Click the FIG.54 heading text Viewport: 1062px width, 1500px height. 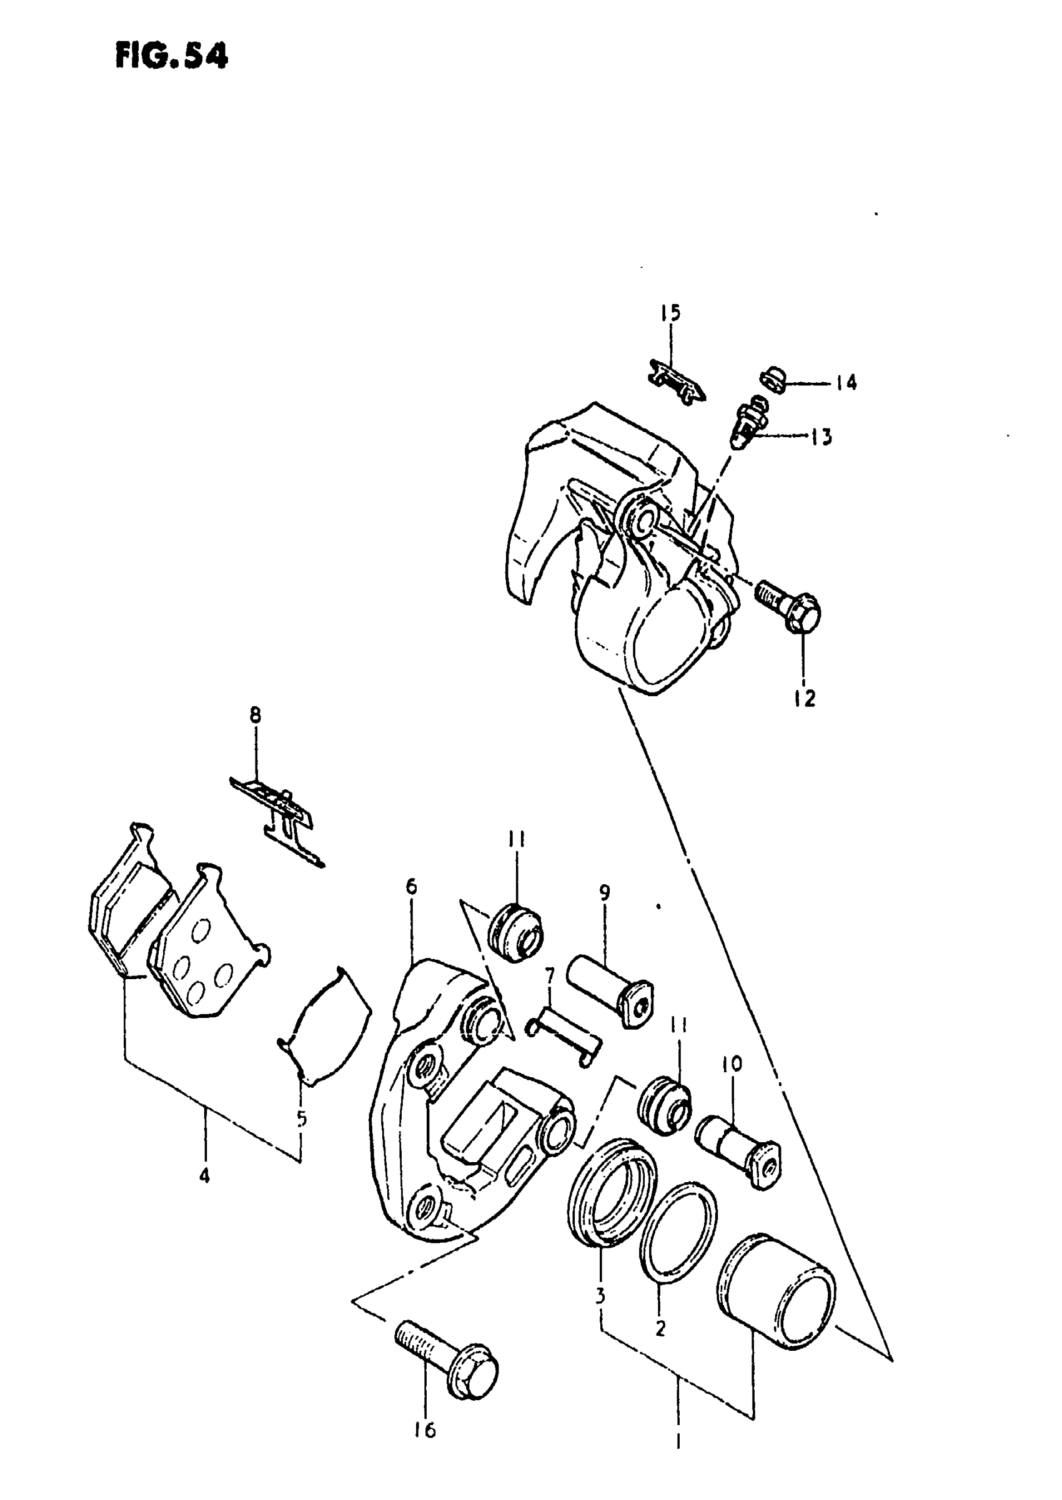[x=171, y=56]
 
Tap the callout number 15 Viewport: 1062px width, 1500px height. [x=670, y=313]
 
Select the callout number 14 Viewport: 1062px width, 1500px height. [x=846, y=382]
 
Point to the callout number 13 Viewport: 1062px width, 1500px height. [x=821, y=437]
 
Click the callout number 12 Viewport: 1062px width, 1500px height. [x=805, y=699]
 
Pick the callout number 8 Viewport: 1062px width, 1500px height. [x=255, y=716]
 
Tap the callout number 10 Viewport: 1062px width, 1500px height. [x=732, y=1064]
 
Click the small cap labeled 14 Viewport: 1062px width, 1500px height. [x=773, y=380]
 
